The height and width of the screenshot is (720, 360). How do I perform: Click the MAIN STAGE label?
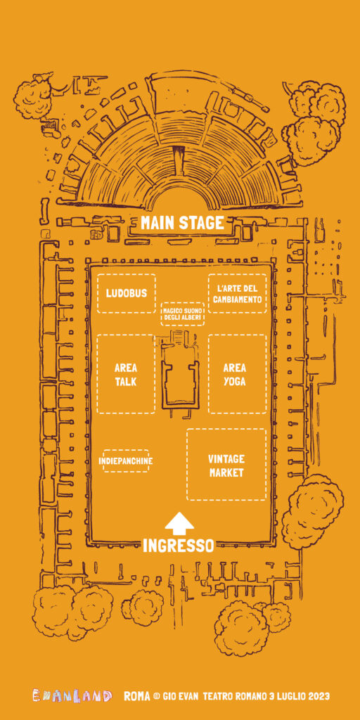[x=182, y=223]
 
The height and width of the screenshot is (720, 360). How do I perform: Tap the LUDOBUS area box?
[x=127, y=293]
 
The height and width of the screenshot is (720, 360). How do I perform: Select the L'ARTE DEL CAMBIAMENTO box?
[x=238, y=293]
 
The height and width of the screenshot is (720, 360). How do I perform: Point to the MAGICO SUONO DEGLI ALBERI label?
[x=183, y=314]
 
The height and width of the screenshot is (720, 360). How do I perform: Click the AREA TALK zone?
[x=126, y=374]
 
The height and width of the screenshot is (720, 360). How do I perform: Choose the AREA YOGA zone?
[x=238, y=374]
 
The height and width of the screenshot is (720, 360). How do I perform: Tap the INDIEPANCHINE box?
[x=126, y=461]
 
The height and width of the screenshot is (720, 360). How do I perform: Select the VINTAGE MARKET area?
[x=226, y=465]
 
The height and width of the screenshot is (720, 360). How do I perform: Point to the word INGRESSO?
[x=178, y=546]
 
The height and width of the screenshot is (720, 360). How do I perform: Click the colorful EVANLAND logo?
[x=72, y=695]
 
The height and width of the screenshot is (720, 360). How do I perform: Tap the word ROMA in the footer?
[x=137, y=696]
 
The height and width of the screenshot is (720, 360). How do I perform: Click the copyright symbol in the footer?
[x=157, y=697]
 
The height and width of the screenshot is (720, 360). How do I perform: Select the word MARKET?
[x=226, y=473]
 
